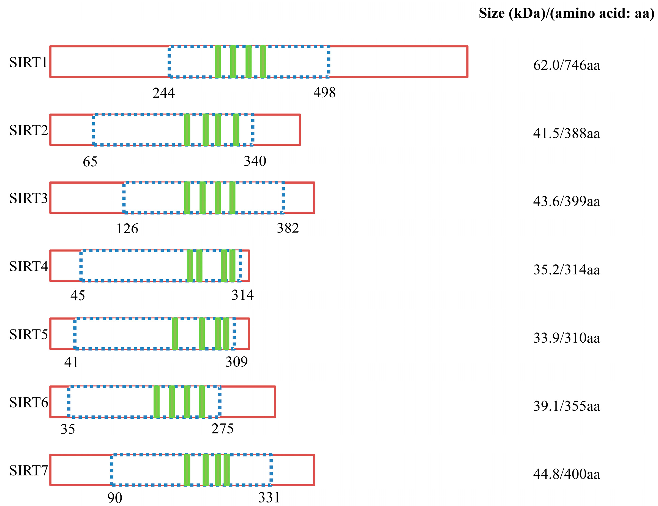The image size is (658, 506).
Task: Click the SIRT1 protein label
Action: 28,62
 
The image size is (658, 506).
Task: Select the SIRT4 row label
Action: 29,266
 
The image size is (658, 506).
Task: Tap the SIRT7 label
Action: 29,470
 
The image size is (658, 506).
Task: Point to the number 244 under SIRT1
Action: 163,93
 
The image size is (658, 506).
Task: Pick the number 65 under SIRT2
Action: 90,162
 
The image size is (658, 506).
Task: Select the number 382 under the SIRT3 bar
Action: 288,228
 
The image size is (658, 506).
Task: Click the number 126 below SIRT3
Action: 127,229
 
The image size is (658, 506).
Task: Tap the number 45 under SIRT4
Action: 78,296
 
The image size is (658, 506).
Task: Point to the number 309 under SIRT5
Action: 236,362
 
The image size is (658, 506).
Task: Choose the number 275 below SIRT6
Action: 222,429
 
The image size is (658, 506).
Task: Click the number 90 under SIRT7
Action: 115,497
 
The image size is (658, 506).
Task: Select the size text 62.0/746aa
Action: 566,65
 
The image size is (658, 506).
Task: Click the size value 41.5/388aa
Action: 566,133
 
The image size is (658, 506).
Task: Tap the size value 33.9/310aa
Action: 566,338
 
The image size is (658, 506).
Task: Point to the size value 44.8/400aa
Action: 566,474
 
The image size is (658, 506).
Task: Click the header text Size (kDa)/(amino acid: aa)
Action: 566,13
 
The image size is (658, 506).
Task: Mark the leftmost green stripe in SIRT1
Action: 218,62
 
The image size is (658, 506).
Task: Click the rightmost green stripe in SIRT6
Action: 201,402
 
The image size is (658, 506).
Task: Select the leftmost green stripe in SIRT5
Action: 175,334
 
